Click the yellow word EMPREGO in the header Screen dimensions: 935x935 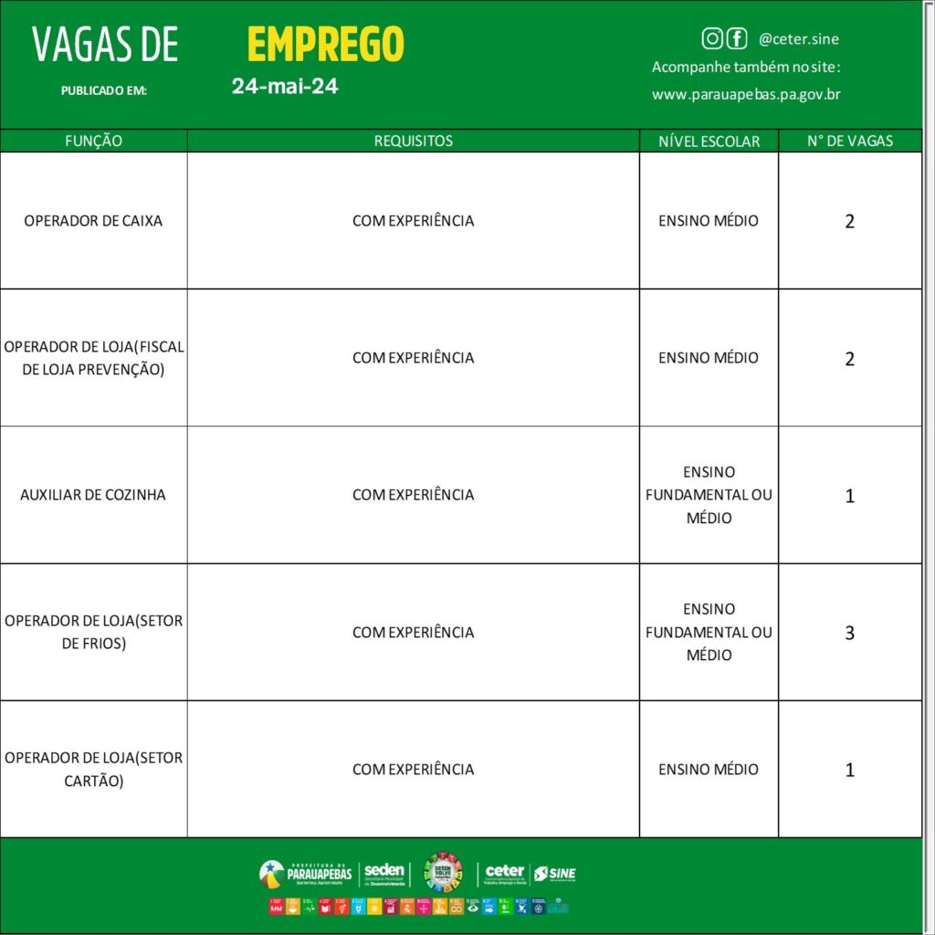pos(325,44)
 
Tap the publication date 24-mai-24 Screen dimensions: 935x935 pos(285,87)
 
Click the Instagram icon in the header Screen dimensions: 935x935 pos(712,38)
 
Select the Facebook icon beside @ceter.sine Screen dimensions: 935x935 pos(736,38)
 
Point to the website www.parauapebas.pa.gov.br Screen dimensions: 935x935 pos(746,94)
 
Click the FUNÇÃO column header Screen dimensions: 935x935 pos(93,142)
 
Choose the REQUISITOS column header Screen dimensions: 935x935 pos(413,142)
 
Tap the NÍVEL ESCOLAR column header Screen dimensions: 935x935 pos(709,142)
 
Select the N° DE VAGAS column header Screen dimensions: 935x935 pos(850,142)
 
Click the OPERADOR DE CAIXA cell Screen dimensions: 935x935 pos(93,221)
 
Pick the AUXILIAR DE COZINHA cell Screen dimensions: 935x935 pos(93,495)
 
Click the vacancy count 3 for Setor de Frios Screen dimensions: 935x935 pos(850,633)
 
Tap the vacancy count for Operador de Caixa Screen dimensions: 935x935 pos(850,222)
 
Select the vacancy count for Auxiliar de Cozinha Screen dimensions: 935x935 pos(850,496)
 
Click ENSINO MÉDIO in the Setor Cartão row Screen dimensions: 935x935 pos(709,770)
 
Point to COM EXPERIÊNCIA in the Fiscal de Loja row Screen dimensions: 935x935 pos(413,358)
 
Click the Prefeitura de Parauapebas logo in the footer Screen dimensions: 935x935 pos(306,874)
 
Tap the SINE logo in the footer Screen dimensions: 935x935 pos(555,874)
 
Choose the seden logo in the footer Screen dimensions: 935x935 pos(384,874)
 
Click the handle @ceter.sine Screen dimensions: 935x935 pos(799,39)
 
